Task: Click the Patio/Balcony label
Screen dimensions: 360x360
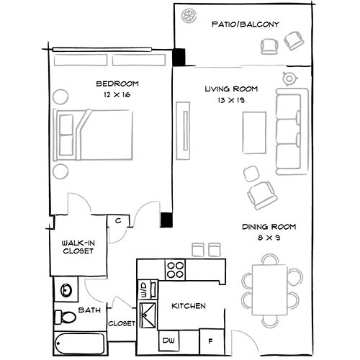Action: point(245,24)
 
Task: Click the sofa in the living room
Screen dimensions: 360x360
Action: point(289,134)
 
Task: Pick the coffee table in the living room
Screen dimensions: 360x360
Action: point(251,135)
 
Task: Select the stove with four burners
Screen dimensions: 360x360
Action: point(175,270)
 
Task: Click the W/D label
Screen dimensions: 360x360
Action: point(143,290)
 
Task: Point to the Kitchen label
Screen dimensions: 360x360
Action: point(189,307)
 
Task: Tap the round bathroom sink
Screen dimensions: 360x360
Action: point(66,290)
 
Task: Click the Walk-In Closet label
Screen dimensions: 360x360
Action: point(77,247)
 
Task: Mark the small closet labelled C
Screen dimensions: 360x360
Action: point(117,221)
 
